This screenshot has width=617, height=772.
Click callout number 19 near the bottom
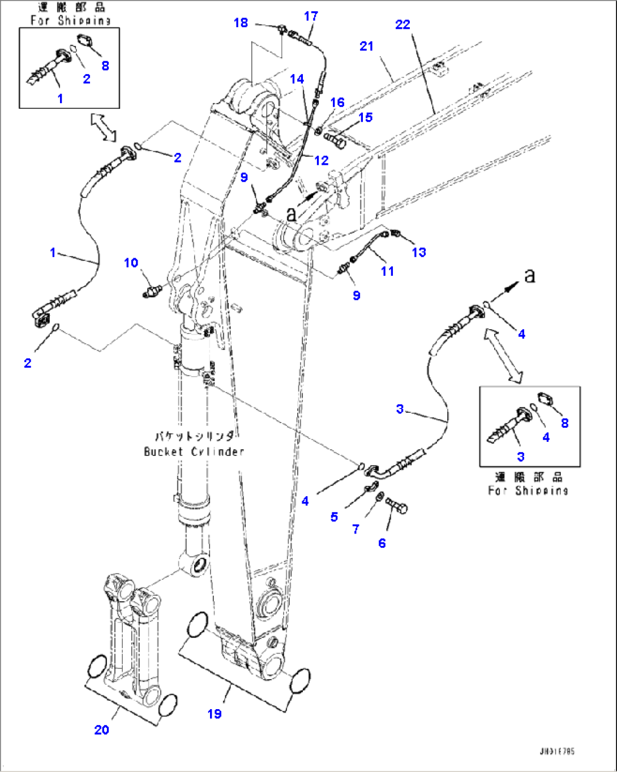[215, 714]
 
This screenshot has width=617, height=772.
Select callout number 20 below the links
[101, 730]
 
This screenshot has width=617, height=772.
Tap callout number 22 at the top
[402, 24]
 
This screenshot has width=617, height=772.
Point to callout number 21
[367, 46]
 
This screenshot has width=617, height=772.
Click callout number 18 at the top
[241, 23]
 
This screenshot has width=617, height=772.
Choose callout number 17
[311, 16]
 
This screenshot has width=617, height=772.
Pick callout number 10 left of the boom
[131, 262]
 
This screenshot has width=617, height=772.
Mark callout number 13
[419, 252]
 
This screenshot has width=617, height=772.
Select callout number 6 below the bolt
[382, 543]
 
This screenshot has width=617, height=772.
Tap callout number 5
[334, 517]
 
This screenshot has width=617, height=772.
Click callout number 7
[355, 529]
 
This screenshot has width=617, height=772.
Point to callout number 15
[366, 117]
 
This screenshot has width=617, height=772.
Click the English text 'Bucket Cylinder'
[194, 451]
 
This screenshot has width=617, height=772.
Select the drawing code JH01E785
[557, 751]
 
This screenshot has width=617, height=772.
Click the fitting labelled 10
[152, 292]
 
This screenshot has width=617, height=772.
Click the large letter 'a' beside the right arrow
[529, 276]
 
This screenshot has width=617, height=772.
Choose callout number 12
[321, 160]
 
